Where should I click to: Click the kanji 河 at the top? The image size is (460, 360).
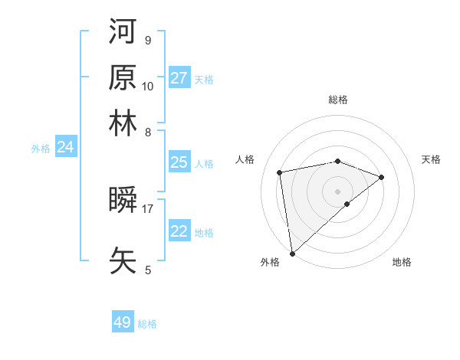(x=123, y=31)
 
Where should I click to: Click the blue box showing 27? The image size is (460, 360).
(x=179, y=78)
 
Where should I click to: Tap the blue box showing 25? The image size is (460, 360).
(x=179, y=162)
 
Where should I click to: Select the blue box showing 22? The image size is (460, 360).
(x=179, y=231)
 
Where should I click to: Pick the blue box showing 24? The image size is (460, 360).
(x=65, y=147)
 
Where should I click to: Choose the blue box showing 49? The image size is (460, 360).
(x=123, y=322)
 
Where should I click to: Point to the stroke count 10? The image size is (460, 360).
(x=148, y=86)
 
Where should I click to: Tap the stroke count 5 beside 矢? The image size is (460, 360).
(x=148, y=270)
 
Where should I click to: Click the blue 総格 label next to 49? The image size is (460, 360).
(x=148, y=324)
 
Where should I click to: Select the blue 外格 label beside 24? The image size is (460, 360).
(x=41, y=149)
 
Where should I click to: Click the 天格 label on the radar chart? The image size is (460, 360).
(x=432, y=159)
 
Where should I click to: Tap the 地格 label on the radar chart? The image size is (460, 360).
(x=402, y=262)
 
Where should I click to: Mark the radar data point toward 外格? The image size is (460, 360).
(x=292, y=254)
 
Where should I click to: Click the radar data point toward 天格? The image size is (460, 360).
(x=382, y=177)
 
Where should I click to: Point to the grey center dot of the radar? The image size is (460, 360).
(x=337, y=191)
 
